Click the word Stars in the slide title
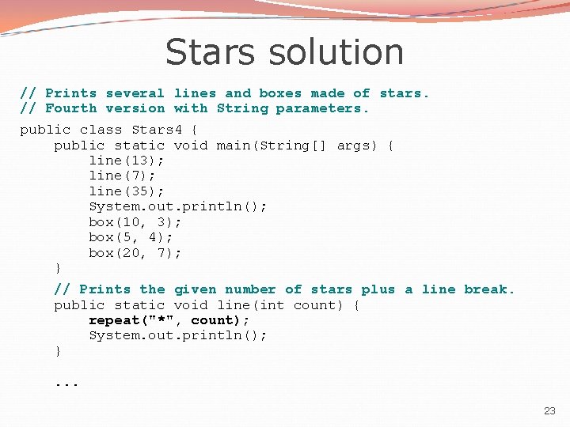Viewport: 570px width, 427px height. click(x=210, y=52)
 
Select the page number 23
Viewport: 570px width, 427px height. click(x=549, y=410)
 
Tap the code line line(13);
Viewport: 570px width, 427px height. click(x=123, y=161)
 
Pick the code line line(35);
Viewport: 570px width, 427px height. click(x=123, y=191)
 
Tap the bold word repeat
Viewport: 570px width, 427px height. click(x=114, y=320)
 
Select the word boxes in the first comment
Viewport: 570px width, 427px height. click(x=280, y=93)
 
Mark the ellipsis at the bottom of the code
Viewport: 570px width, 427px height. click(x=66, y=382)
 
